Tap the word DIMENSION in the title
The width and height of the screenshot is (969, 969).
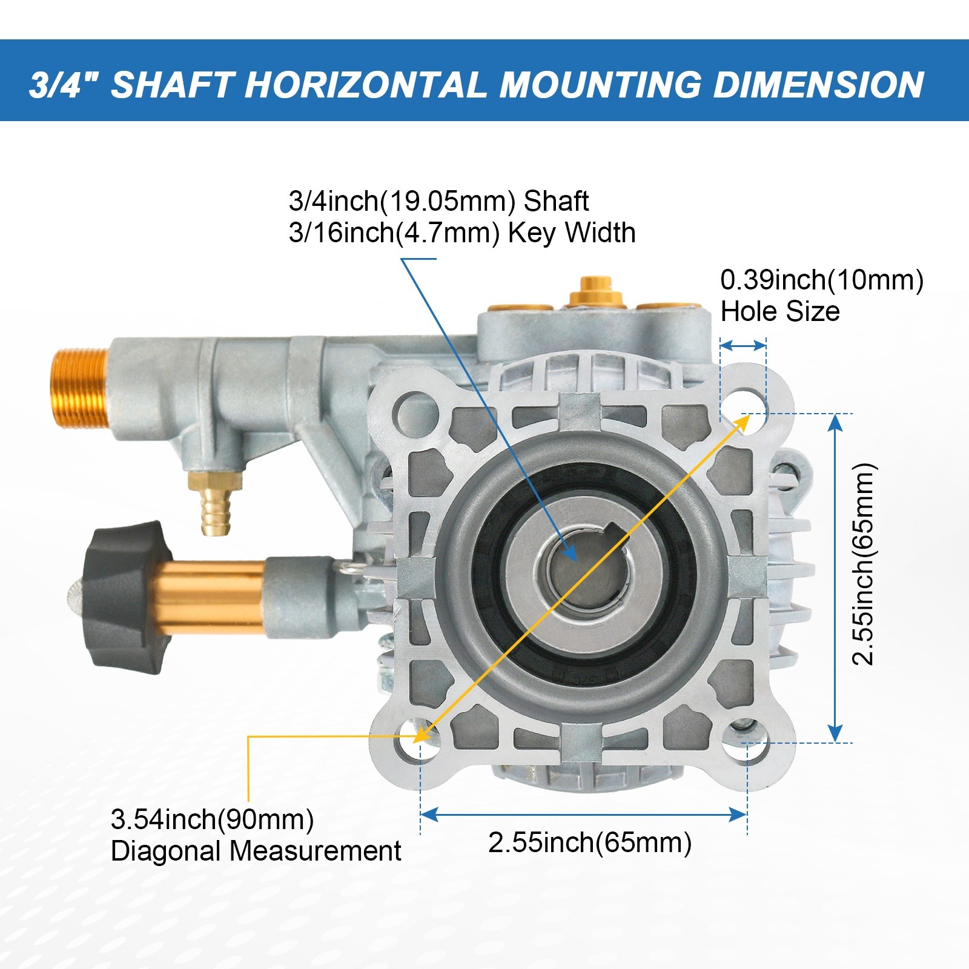click(819, 84)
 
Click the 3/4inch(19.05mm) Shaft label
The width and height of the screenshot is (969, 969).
click(438, 201)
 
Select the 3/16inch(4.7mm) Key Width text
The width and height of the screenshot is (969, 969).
click(462, 233)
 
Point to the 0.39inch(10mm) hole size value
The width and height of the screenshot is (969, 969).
click(822, 280)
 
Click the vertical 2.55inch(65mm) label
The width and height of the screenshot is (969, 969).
click(864, 564)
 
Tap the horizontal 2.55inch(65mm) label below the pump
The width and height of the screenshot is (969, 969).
click(590, 842)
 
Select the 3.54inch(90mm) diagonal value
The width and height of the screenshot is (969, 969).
click(213, 819)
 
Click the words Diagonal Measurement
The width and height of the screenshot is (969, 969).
click(256, 851)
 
